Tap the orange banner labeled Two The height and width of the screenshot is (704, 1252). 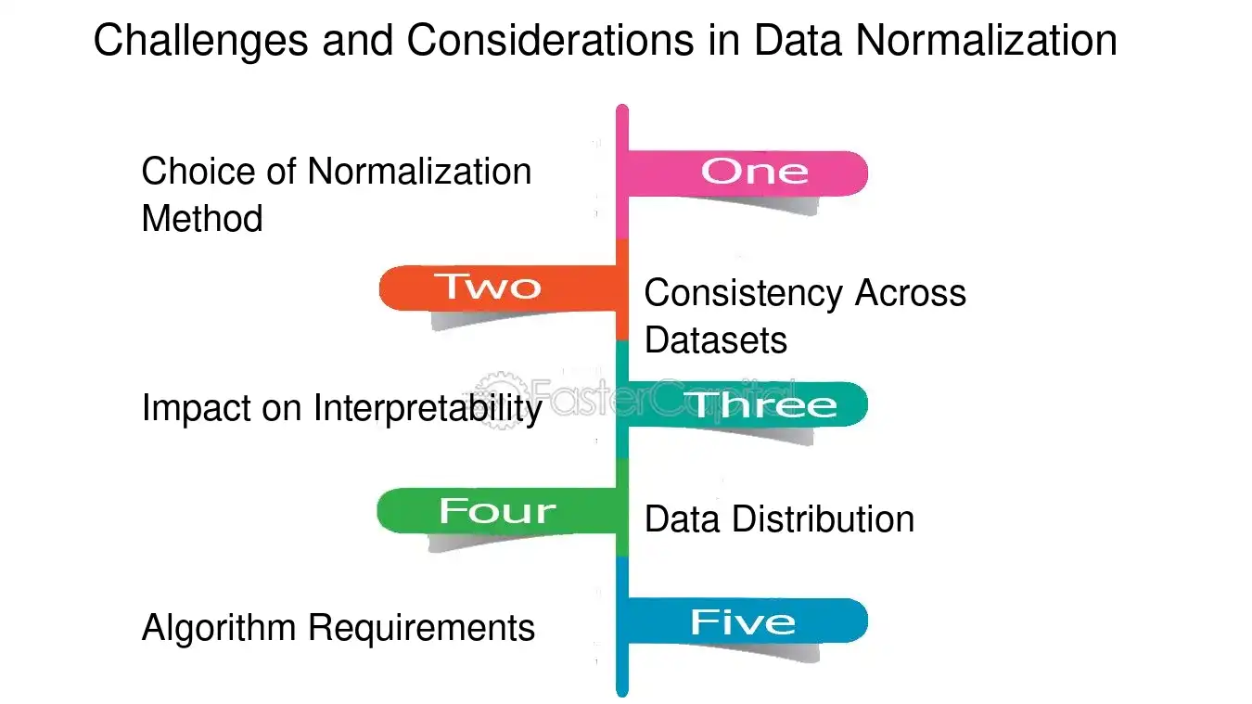pyautogui.click(x=497, y=288)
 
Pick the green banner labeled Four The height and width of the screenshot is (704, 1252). pyautogui.click(x=496, y=510)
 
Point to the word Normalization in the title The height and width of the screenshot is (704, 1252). pyautogui.click(x=987, y=40)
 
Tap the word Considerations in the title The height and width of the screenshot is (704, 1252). pyautogui.click(x=550, y=40)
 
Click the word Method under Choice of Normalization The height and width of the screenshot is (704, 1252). pyautogui.click(x=202, y=218)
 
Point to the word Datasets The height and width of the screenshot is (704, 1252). pyautogui.click(x=716, y=340)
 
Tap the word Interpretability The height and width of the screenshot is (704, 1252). pyautogui.click(x=428, y=409)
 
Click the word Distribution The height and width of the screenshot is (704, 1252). pyautogui.click(x=824, y=518)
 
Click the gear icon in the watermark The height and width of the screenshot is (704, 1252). pyautogui.click(x=502, y=400)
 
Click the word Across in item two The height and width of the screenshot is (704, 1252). pyautogui.click(x=911, y=293)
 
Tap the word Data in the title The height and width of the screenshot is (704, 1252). pyautogui.click(x=798, y=40)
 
